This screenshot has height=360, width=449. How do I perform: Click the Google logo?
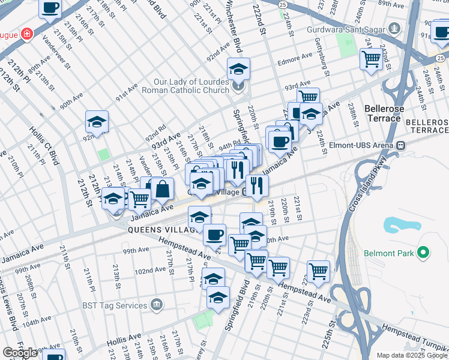click(x=20, y=353)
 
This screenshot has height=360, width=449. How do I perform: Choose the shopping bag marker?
click(x=162, y=189)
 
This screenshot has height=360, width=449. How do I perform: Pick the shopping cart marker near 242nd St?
click(x=372, y=59)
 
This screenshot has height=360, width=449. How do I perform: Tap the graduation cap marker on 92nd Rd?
click(x=97, y=122)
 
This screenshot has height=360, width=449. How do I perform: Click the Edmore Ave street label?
click(x=294, y=59)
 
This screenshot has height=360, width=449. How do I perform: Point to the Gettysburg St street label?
click(x=322, y=61)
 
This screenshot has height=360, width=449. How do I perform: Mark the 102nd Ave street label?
click(x=149, y=271)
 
